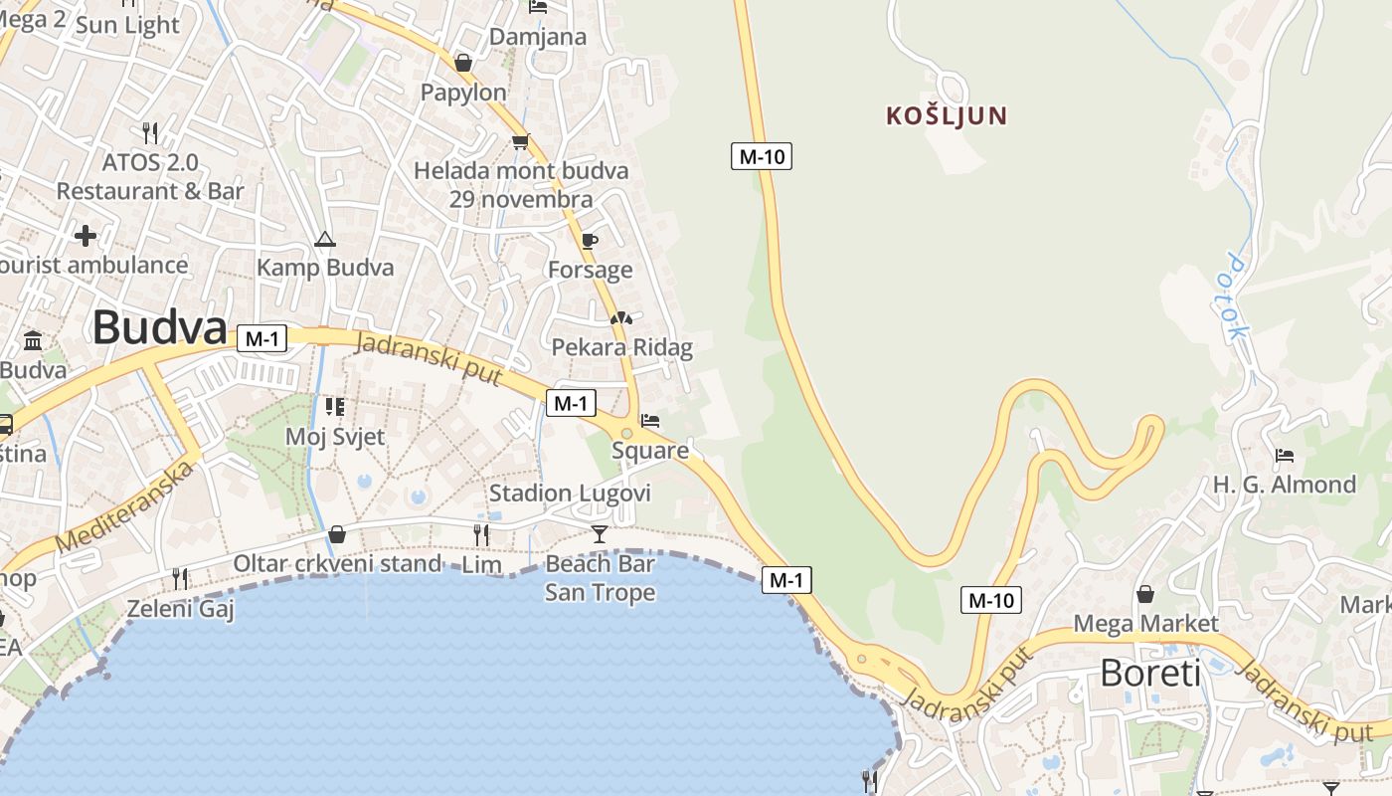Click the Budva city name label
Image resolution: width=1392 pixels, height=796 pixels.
point(159,327)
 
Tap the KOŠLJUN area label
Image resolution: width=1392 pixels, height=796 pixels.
point(947,116)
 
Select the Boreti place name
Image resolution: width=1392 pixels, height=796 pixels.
point(1150,674)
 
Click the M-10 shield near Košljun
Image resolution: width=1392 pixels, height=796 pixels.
point(762,155)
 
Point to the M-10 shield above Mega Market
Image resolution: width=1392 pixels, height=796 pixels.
point(991,600)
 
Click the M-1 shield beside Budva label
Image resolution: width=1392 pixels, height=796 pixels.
point(261,338)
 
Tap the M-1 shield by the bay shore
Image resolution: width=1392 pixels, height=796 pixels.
point(786,579)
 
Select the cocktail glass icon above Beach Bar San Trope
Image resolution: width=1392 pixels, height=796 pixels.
point(599,534)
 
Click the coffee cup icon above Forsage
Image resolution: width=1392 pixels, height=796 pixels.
point(589,241)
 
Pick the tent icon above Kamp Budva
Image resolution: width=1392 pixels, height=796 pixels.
point(324,239)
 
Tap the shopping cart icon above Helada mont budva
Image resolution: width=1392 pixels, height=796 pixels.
point(519,141)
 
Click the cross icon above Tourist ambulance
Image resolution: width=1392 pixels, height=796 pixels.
point(86,236)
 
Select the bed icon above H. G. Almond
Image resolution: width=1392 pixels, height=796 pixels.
point(1284,456)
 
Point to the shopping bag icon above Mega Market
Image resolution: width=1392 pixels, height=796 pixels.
point(1145,594)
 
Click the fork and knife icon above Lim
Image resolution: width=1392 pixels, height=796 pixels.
point(481,535)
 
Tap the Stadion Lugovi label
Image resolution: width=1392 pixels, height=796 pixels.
point(570,494)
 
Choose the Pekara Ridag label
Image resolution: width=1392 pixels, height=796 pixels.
point(621,347)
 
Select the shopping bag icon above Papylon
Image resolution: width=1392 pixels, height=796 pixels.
point(462,63)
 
